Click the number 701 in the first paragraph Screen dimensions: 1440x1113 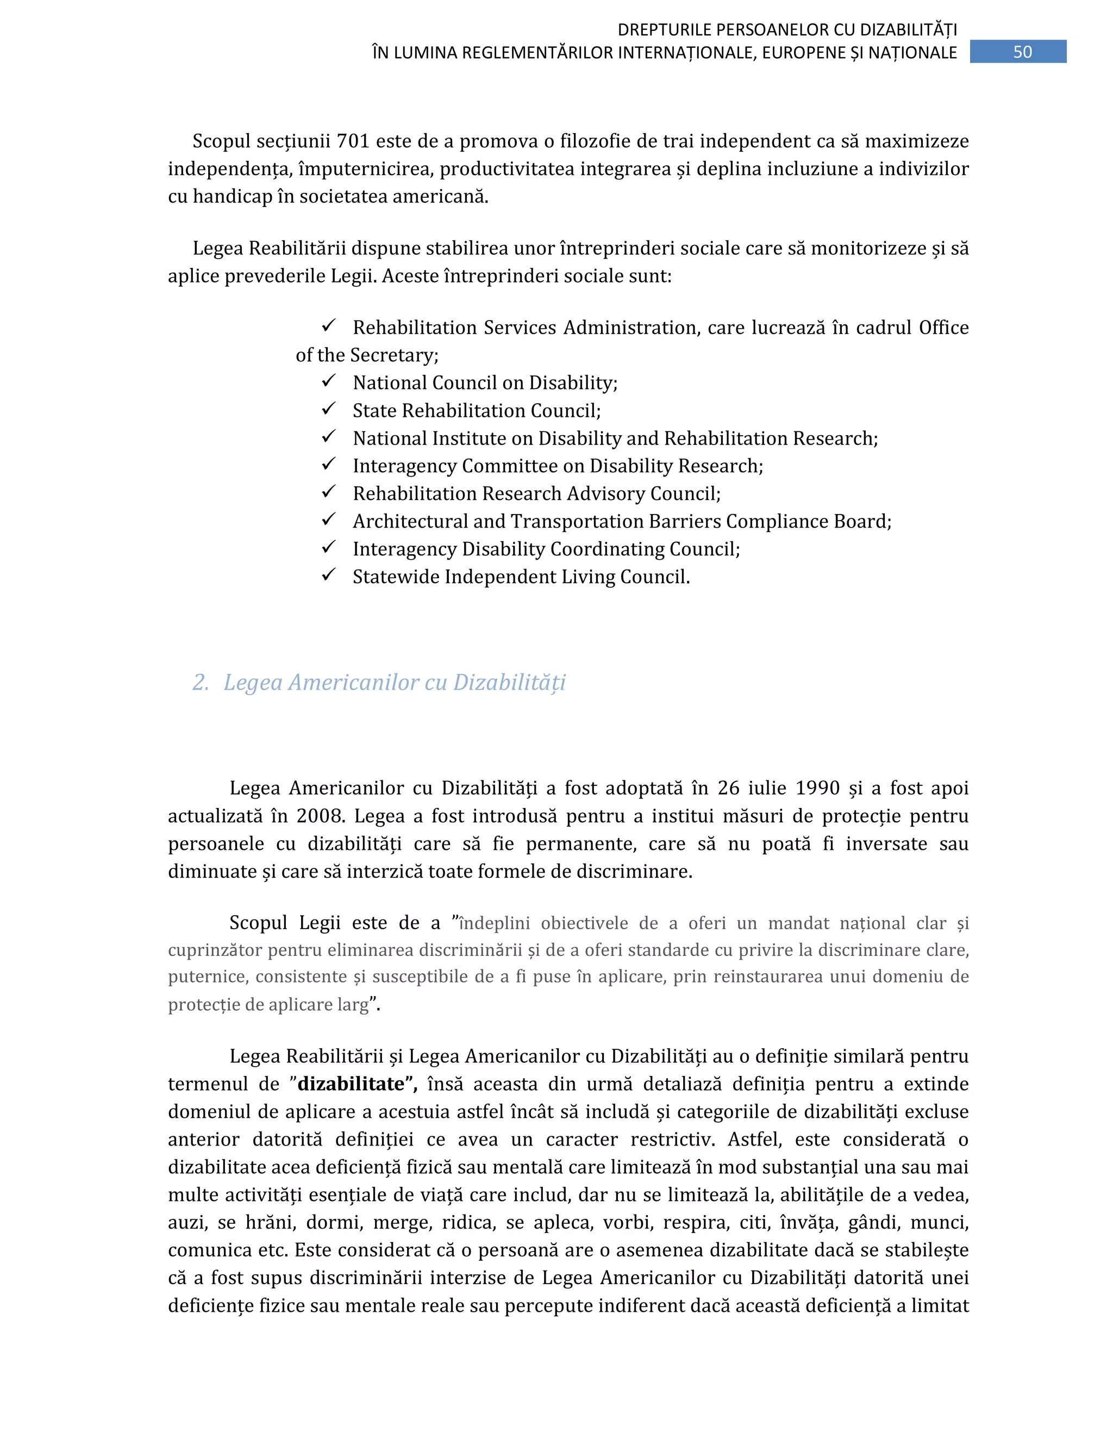(353, 141)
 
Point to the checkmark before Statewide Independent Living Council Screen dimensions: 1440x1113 (328, 575)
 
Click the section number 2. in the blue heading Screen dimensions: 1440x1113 (201, 682)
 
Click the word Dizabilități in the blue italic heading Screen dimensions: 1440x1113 (509, 682)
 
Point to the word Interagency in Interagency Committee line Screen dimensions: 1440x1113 (405, 466)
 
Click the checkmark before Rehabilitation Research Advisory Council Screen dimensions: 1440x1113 (328, 492)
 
